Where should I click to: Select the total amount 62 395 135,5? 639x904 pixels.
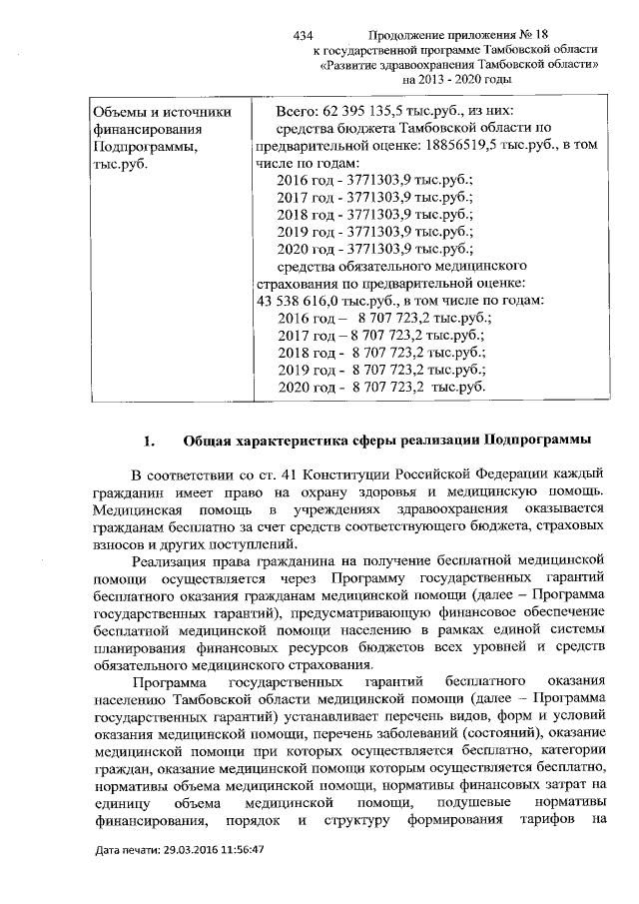(x=380, y=111)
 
